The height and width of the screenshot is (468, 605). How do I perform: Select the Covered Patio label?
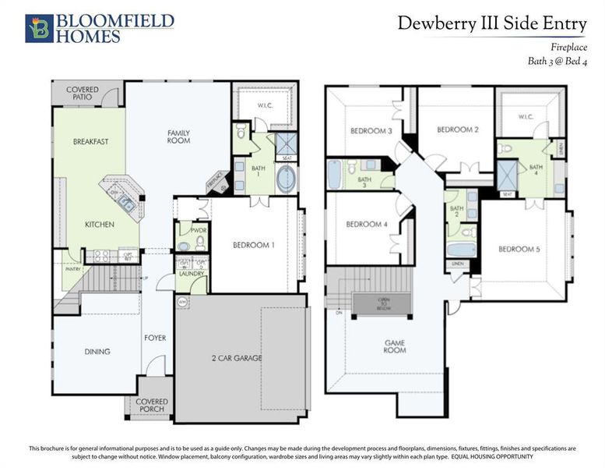(82, 94)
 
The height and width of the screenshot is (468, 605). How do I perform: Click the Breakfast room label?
(90, 142)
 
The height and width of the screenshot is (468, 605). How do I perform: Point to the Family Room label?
(178, 137)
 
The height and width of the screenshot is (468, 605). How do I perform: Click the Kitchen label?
(100, 225)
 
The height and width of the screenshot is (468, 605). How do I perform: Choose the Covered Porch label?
(152, 406)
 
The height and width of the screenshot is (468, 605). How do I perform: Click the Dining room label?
(97, 352)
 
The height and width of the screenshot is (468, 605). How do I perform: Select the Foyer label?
(155, 339)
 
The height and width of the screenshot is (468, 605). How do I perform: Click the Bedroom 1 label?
(254, 245)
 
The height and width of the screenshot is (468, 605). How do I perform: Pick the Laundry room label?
(191, 274)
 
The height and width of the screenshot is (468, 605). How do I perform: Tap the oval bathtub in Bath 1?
(286, 178)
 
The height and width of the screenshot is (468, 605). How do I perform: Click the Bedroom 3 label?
(371, 131)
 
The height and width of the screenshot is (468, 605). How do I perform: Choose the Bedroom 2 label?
(457, 129)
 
